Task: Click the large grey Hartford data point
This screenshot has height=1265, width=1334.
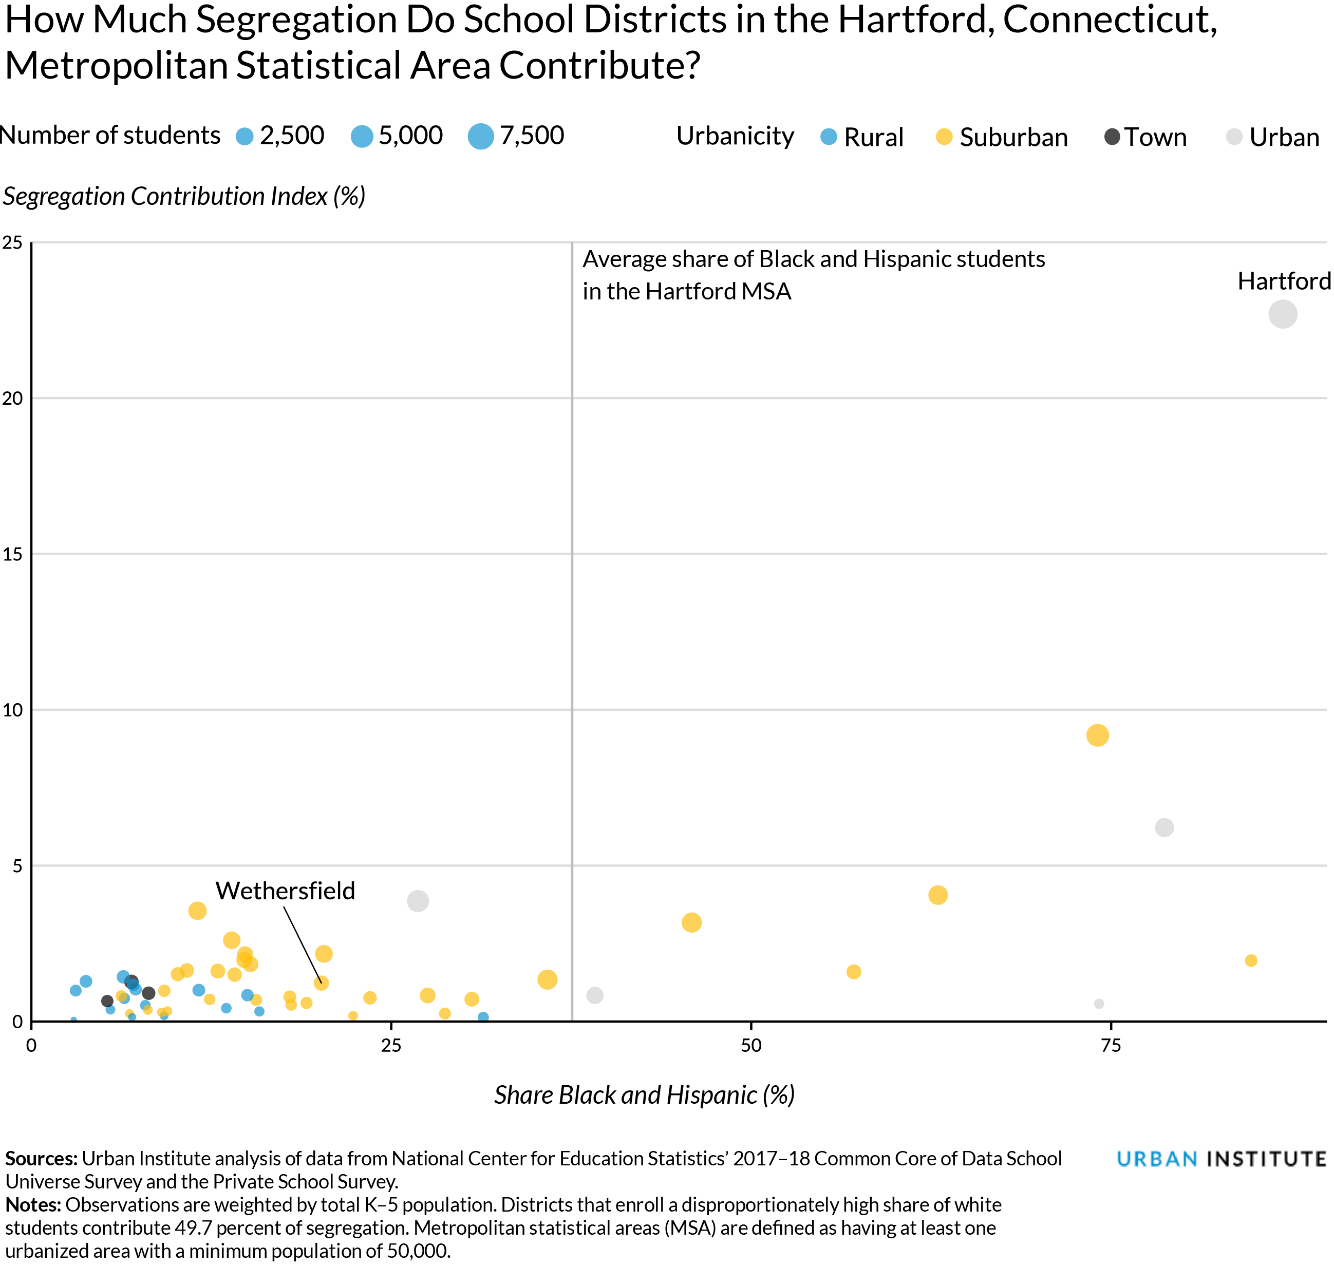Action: (x=1282, y=314)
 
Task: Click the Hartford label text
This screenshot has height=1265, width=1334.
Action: (x=1284, y=281)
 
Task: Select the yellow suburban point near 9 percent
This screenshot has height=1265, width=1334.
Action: (x=1097, y=735)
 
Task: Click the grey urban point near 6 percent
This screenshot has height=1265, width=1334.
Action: (x=1164, y=827)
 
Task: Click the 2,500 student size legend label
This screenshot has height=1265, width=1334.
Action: (x=292, y=136)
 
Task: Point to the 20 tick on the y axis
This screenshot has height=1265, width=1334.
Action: (x=13, y=399)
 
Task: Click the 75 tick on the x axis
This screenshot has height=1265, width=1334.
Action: (x=1110, y=1046)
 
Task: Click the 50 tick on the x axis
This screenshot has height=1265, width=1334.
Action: (x=750, y=1046)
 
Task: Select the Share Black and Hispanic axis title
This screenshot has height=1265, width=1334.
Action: (x=644, y=1095)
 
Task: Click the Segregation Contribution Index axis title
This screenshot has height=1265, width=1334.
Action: (x=184, y=196)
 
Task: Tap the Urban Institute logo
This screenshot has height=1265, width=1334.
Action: (x=1220, y=1159)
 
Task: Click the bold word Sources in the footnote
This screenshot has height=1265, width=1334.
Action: (x=41, y=1159)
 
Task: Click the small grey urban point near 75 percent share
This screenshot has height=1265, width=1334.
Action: (x=1099, y=1004)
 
